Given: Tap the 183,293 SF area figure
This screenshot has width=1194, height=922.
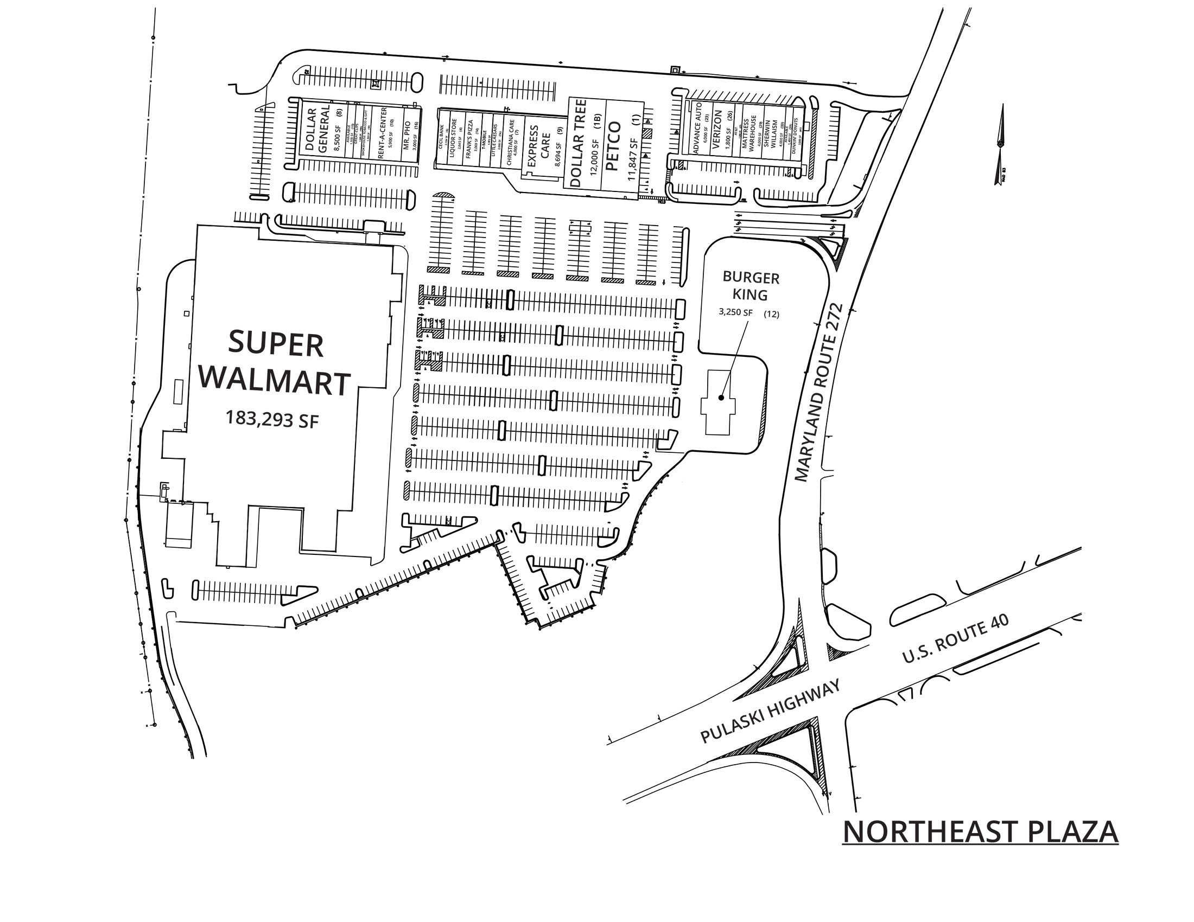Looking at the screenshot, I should point(272,419).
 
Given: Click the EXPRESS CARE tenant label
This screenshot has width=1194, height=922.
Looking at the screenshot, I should point(539,143).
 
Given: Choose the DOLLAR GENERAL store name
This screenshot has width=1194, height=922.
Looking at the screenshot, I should point(317,131).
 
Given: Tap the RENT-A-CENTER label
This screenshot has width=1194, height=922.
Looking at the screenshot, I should point(382,133).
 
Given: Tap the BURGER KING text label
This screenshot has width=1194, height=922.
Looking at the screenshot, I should point(751,286).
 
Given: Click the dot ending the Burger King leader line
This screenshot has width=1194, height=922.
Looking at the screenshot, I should point(721,398).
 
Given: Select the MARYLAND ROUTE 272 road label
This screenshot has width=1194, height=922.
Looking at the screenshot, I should point(818,393).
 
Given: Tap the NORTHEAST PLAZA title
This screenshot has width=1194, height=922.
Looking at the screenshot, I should point(980,832).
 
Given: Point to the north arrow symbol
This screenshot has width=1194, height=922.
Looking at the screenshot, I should point(1000,144).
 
